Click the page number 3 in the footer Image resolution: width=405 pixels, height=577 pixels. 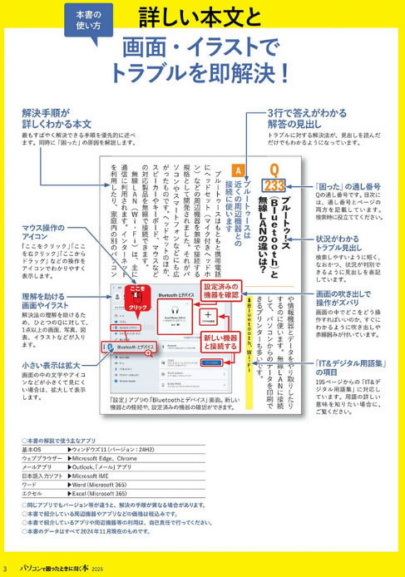coord(7,570)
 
